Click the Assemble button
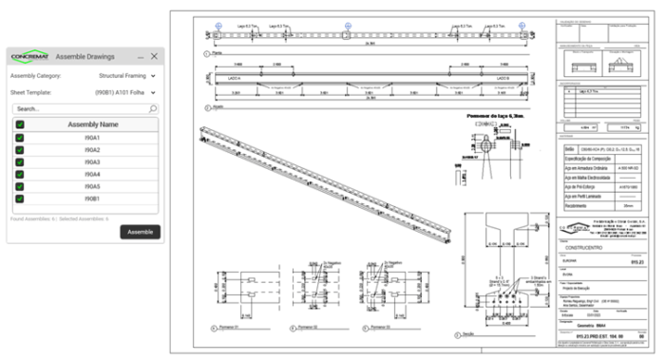(141, 232)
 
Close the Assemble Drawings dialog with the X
(154, 57)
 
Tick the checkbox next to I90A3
(20, 162)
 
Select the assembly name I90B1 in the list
(92, 199)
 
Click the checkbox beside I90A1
(20, 138)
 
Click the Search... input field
(76, 108)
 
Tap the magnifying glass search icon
(153, 108)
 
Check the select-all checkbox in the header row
(20, 124)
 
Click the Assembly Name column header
(92, 124)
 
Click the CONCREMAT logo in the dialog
(29, 57)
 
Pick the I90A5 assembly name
(92, 187)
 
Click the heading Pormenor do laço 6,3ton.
(497, 115)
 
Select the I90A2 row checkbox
(20, 150)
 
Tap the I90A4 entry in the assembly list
(92, 175)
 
